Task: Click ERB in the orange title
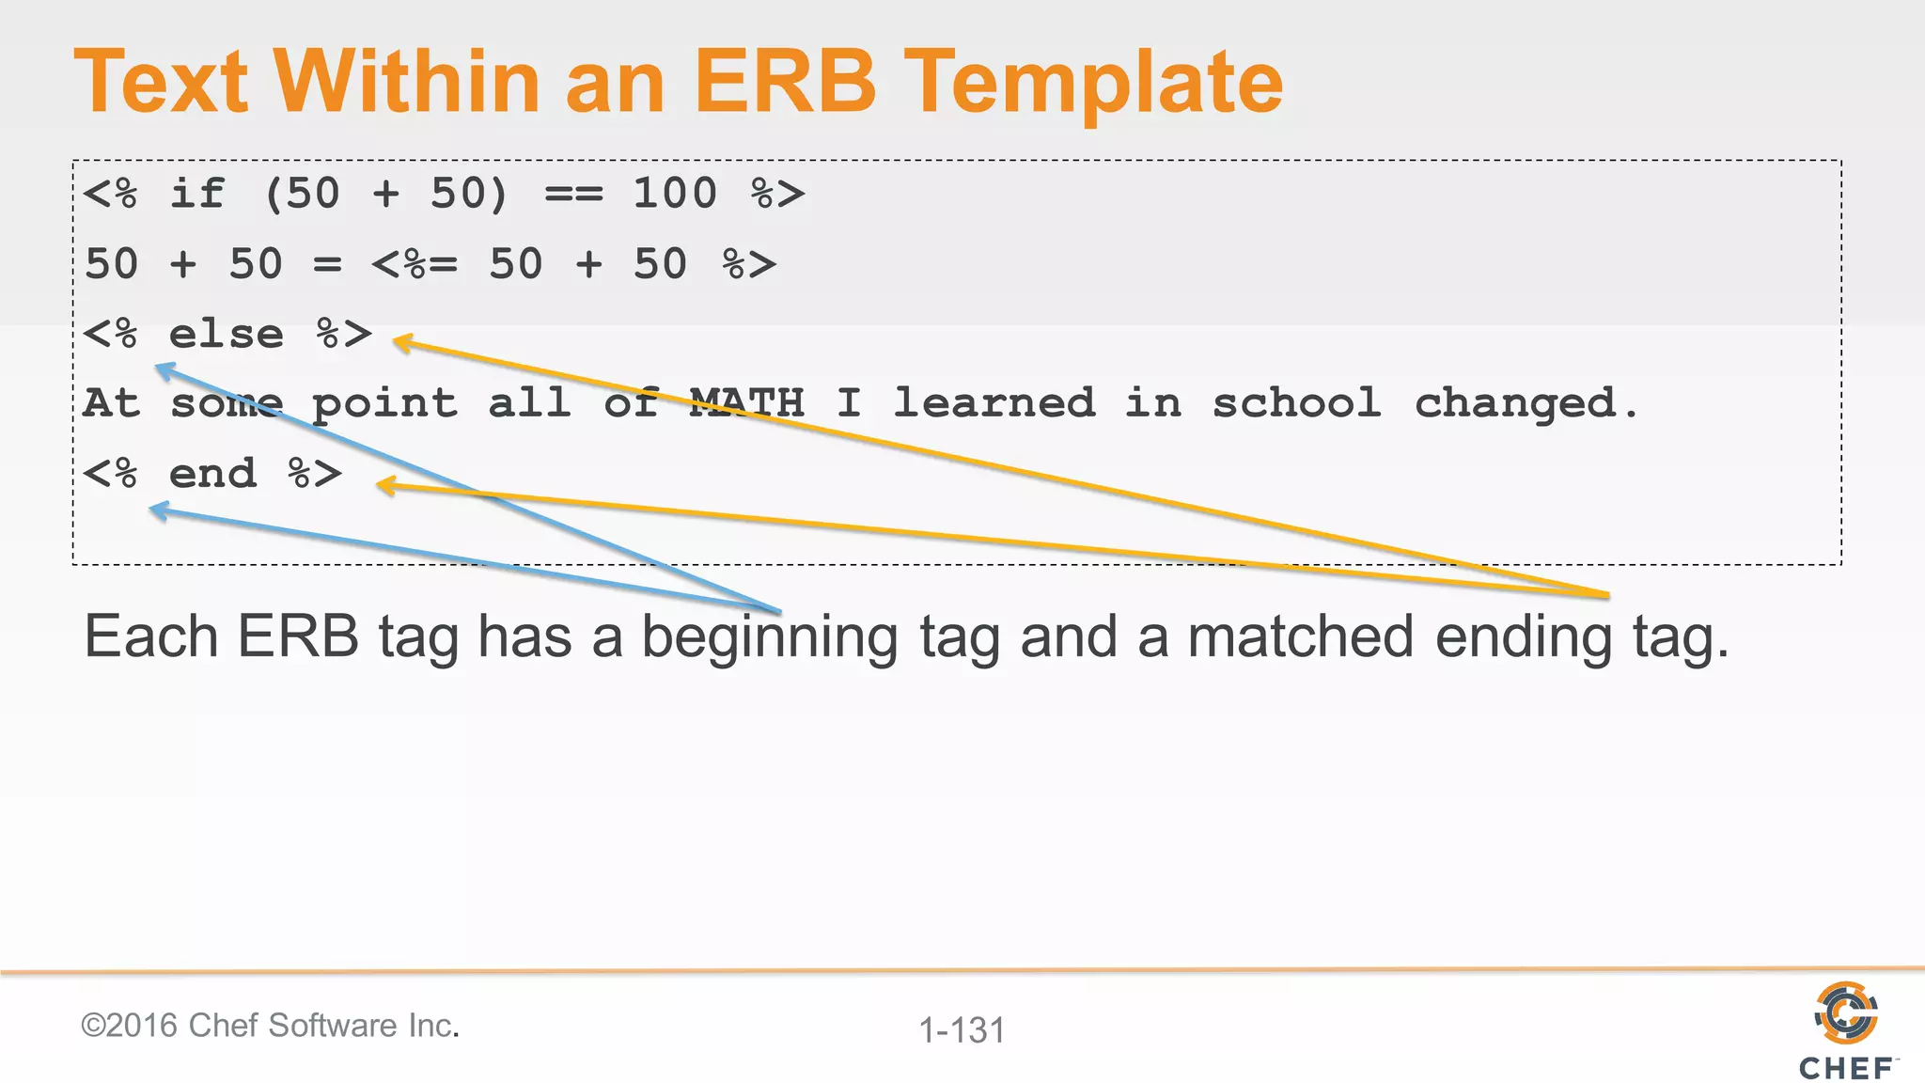click(785, 83)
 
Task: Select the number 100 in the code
click(674, 194)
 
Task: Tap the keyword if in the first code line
click(196, 194)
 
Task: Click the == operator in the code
click(573, 195)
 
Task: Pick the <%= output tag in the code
click(415, 264)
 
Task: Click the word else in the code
click(226, 335)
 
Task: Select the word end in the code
click(212, 474)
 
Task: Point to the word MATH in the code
click(747, 403)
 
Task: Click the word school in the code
click(1296, 403)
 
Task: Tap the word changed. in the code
click(1526, 404)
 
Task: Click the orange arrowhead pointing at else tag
click(403, 343)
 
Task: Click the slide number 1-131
click(962, 1030)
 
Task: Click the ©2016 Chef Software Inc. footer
click(271, 1026)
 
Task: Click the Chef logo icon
click(1845, 1013)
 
